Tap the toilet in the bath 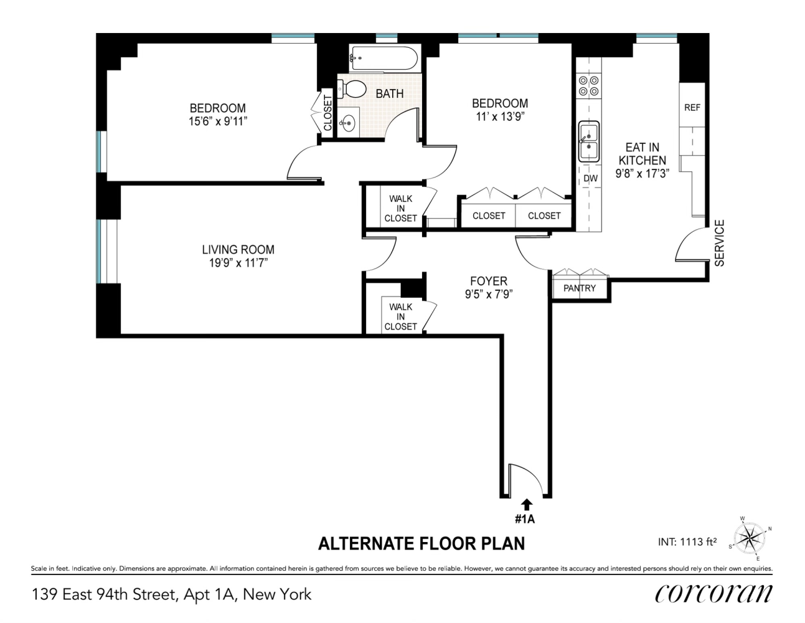[352, 88]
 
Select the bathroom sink [347, 122]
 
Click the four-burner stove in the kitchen [588, 85]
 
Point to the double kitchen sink [588, 141]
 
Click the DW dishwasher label [590, 179]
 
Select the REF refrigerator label [692, 107]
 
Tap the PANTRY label [579, 288]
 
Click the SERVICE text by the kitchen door [720, 243]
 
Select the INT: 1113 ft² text [687, 542]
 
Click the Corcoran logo [713, 592]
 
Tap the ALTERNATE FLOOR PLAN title [421, 543]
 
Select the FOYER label [489, 281]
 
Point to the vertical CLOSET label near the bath [327, 113]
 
